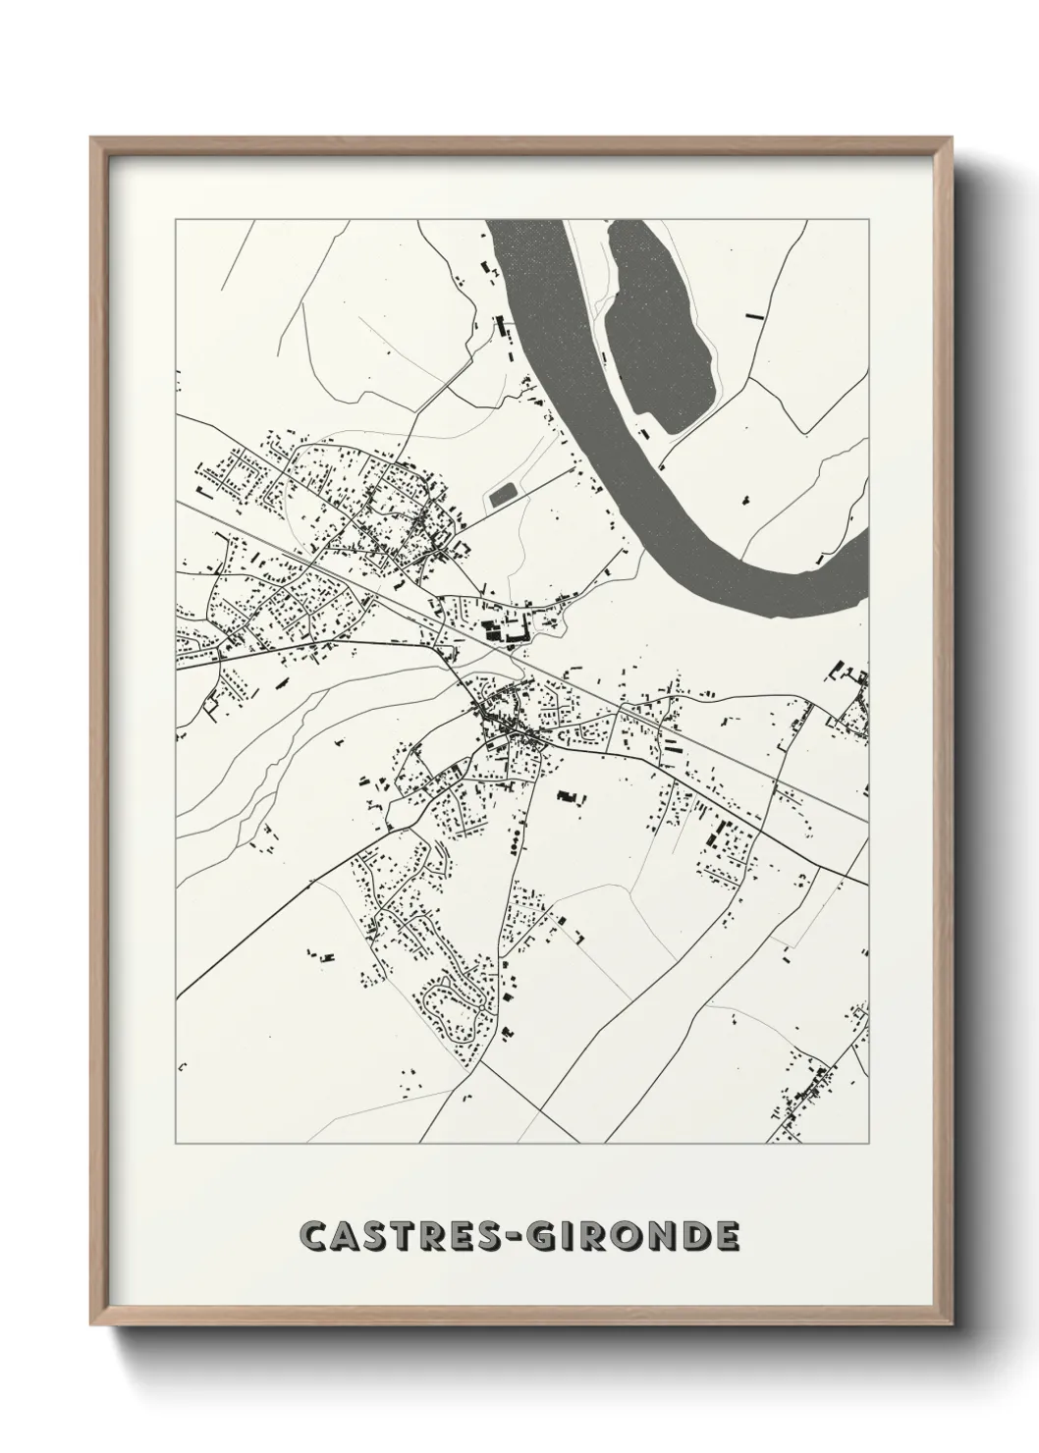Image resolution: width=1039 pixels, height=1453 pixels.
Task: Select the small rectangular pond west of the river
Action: click(504, 493)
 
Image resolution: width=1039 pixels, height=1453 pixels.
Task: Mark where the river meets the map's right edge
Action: click(867, 564)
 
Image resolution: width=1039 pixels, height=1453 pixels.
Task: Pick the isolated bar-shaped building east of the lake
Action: click(753, 316)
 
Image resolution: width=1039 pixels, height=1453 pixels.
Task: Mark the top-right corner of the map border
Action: click(868, 220)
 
